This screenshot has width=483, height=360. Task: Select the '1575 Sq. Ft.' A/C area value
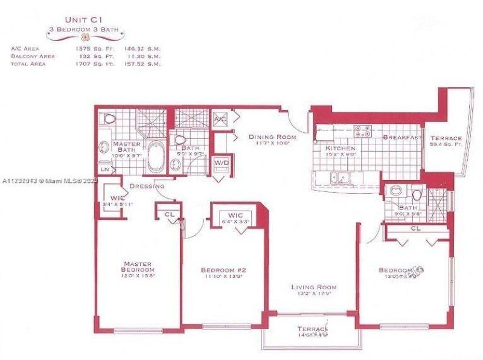coord(87,49)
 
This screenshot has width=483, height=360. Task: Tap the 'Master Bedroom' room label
coord(138,266)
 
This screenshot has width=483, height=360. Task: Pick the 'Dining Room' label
coord(270,137)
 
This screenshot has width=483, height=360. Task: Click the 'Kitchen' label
coord(340,148)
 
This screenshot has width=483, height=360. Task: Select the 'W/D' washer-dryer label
coord(222,162)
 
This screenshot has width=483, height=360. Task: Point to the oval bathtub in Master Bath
coord(156,155)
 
